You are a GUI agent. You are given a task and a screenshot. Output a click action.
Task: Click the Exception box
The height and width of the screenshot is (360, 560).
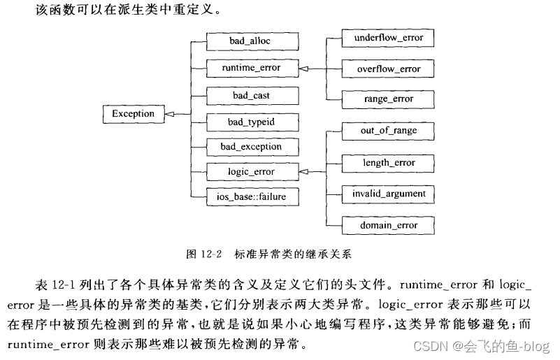134,114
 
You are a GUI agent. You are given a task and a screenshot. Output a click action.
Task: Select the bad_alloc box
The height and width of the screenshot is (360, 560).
252,41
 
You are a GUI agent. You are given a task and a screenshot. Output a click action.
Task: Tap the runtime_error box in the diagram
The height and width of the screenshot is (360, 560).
252,68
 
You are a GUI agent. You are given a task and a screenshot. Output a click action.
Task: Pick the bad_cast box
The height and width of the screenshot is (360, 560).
252,96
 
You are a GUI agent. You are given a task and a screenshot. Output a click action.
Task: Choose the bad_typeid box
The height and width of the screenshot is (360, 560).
252,122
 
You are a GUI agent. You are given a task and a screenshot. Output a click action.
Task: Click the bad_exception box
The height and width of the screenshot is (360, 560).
252,147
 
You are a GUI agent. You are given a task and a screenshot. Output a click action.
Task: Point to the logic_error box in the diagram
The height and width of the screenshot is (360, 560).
252,172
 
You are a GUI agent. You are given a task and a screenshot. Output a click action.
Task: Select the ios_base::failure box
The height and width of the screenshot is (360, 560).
252,197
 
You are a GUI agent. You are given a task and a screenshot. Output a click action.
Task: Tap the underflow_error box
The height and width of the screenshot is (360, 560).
388,38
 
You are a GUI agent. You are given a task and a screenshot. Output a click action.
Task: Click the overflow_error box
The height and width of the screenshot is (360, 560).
388,69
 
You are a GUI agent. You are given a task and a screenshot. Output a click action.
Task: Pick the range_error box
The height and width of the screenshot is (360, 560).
388,99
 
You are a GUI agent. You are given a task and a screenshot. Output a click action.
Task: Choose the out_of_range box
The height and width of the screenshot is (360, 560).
388,131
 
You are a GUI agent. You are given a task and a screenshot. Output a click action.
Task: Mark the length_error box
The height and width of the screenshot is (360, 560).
388,163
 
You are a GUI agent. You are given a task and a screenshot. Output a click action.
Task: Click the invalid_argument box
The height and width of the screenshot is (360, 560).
388,194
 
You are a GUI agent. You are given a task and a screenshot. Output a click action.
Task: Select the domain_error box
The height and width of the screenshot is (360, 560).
388,225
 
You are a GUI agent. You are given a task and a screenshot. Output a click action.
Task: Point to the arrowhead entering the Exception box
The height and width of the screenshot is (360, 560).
169,114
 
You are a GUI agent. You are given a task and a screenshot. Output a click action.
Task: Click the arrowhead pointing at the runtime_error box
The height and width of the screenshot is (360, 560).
303,69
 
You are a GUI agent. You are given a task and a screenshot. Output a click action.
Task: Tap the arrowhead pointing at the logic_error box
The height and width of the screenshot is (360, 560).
303,172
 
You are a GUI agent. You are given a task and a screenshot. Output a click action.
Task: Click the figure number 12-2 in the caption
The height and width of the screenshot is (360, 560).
211,254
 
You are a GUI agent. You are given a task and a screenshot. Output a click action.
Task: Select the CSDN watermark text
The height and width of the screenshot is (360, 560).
481,346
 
